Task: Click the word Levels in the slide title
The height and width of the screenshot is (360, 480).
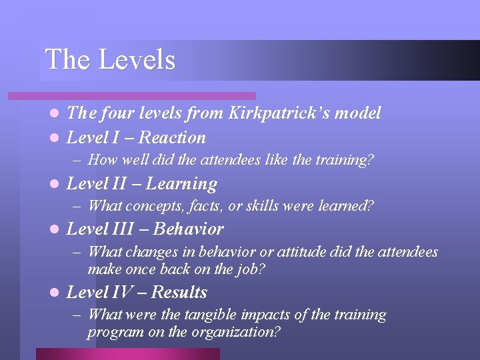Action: (137, 60)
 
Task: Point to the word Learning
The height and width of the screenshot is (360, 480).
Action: (181, 184)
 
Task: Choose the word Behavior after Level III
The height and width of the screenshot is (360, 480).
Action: (189, 229)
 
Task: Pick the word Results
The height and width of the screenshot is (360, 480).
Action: (179, 293)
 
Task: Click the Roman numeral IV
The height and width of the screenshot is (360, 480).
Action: (122, 293)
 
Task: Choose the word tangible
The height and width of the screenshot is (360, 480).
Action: (217, 315)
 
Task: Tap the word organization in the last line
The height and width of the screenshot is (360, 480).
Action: (237, 332)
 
